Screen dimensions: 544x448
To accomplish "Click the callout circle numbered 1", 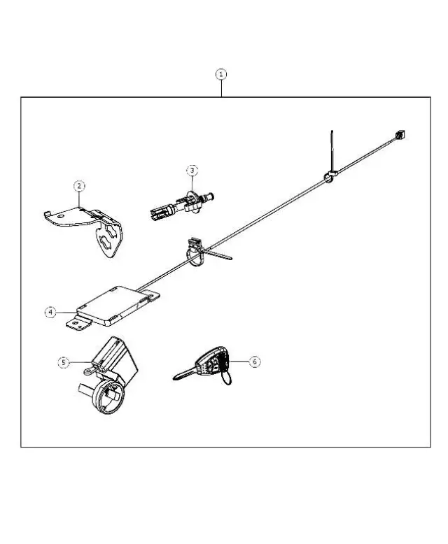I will pos(221,73).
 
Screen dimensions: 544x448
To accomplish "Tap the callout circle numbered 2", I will pos(80,185).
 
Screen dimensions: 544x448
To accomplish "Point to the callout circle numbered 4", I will pos(50,313).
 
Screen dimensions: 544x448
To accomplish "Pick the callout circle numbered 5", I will pos(63,362).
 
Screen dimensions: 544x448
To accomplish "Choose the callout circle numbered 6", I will pos(254,362).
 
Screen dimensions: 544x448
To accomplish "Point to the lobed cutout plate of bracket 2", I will pos(111,242).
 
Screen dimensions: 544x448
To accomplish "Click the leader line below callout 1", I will pos(221,88).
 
